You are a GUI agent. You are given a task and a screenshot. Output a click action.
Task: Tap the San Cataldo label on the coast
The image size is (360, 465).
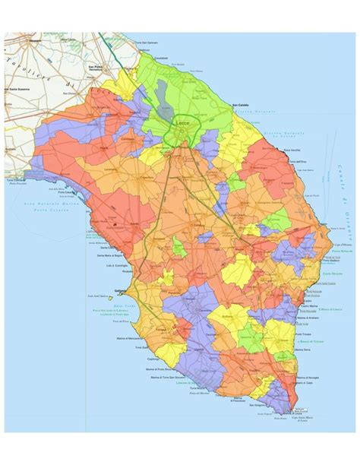pos(241,105)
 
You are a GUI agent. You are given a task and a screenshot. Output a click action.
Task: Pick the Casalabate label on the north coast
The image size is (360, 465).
pos(159,58)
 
